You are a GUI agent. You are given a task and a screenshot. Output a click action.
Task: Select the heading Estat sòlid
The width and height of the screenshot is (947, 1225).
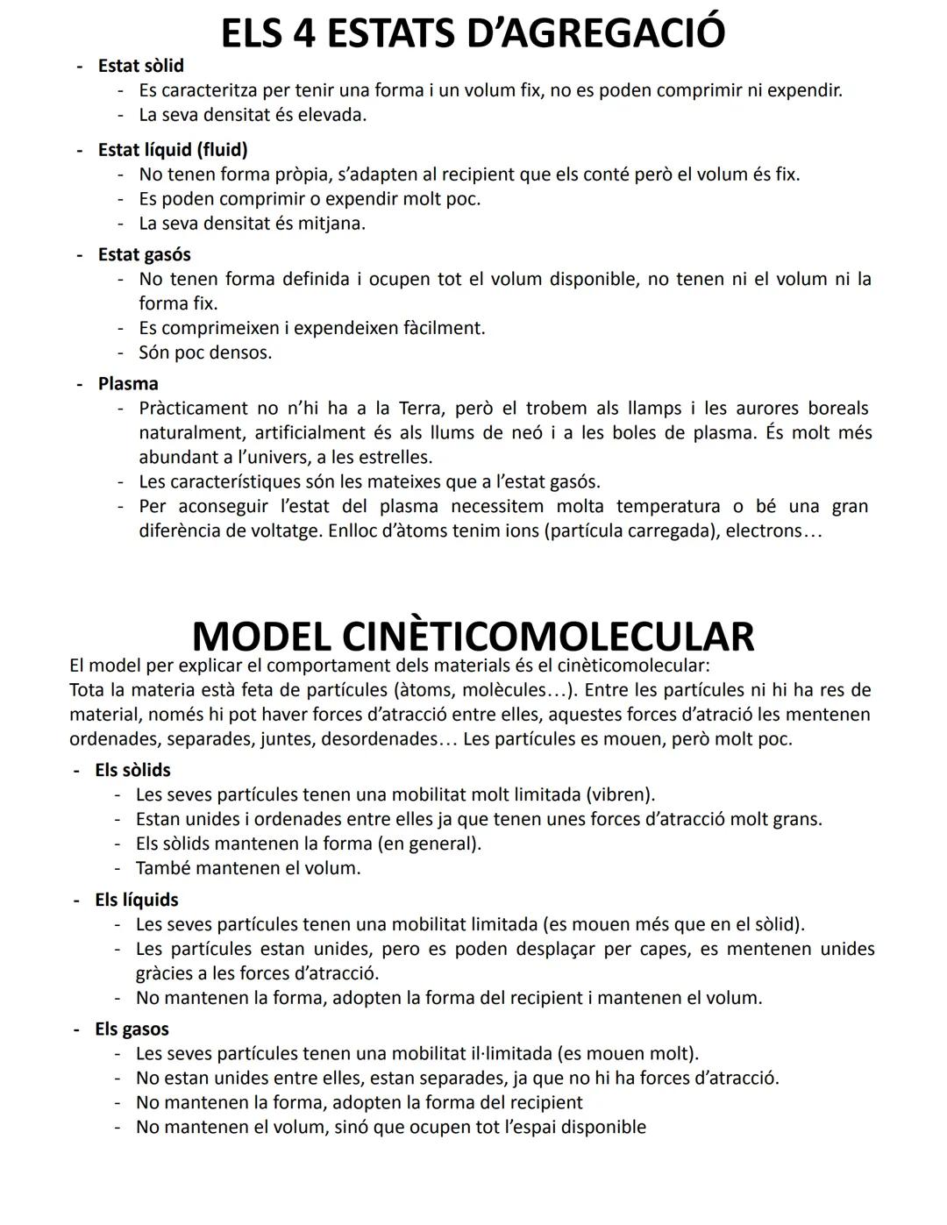(140, 66)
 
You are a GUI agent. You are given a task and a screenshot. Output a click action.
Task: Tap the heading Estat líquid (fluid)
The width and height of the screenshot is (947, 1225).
(173, 150)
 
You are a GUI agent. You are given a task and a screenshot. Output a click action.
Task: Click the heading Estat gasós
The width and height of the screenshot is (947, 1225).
(144, 254)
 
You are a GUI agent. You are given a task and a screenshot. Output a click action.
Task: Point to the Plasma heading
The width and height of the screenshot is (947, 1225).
(128, 384)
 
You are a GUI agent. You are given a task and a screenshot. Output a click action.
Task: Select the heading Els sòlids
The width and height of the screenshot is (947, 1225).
(132, 770)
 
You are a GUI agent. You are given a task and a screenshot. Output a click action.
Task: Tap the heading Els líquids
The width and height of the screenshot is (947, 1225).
(136, 900)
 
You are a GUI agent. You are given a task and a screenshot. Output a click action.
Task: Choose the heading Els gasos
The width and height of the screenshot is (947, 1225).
(132, 1029)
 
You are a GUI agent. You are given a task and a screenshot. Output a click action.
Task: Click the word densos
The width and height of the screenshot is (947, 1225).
(241, 353)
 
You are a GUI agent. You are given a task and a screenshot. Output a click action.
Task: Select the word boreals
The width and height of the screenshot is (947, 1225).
(837, 409)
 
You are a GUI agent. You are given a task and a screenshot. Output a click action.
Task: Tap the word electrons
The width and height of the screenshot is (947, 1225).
(764, 531)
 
